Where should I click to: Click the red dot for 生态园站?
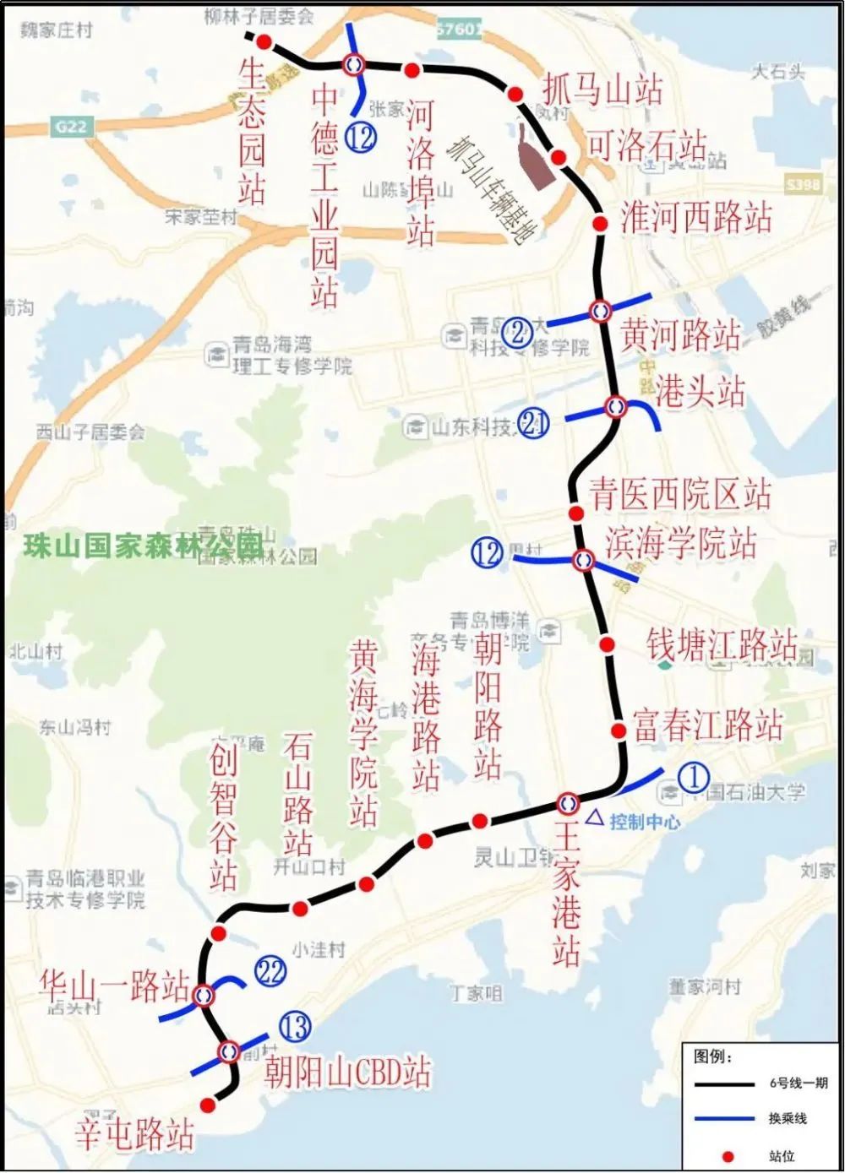[x=264, y=42]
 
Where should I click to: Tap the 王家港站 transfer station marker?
[x=568, y=802]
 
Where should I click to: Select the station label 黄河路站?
[x=681, y=334]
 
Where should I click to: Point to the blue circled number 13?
[x=295, y=1027]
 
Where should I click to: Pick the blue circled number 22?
[x=270, y=971]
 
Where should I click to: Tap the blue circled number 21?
[x=533, y=422]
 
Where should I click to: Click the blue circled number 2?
[x=517, y=332]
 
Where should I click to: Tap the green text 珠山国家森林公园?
[x=142, y=546]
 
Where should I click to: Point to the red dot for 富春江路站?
[x=618, y=730]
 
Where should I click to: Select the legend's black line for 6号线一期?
[x=723, y=1083]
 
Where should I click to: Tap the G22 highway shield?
[x=71, y=127]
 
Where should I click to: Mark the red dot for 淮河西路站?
[x=600, y=224]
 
